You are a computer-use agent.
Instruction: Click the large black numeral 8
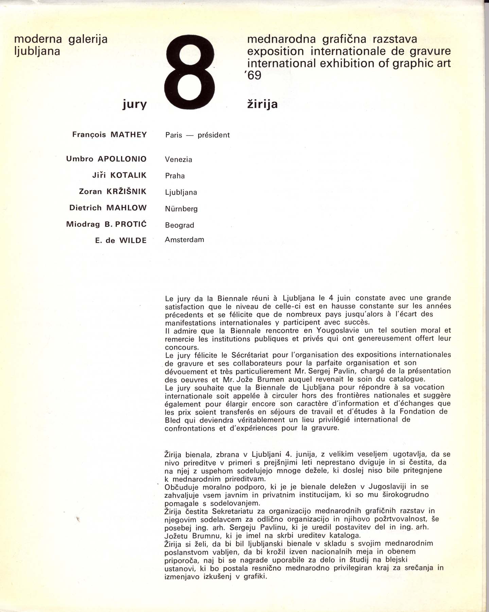189,72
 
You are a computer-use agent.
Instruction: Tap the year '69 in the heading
253,75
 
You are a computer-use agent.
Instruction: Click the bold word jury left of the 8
135,104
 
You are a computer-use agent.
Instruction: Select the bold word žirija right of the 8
262,104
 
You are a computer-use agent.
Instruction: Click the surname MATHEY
128,135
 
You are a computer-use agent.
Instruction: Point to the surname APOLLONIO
122,159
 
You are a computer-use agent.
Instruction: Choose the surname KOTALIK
128,175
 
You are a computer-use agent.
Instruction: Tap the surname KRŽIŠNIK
126,191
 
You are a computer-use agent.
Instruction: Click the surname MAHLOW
126,208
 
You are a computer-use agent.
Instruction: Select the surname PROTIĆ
131,224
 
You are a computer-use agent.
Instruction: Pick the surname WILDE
133,241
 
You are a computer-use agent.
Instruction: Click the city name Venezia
178,159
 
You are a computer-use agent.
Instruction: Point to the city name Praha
175,176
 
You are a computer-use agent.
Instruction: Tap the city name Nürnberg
181,209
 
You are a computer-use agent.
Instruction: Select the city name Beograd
179,225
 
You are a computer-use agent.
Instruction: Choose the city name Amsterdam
185,240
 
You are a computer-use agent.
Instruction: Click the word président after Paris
214,135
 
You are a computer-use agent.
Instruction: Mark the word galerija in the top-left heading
88,39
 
